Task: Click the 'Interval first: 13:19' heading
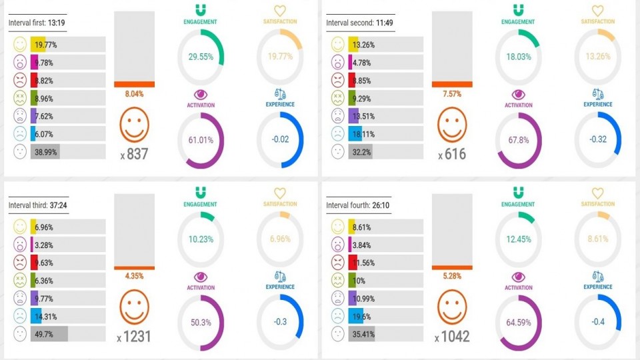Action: pyautogui.click(x=36, y=23)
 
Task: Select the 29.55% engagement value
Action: pyautogui.click(x=200, y=57)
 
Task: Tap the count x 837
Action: pyautogui.click(x=134, y=154)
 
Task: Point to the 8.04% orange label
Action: pyautogui.click(x=134, y=94)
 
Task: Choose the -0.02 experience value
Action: pyautogui.click(x=280, y=140)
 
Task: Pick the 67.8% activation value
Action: pyautogui.click(x=518, y=140)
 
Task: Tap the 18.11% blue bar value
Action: pyautogui.click(x=365, y=133)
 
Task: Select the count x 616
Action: pyautogui.click(x=451, y=154)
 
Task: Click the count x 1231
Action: pyautogui.click(x=134, y=337)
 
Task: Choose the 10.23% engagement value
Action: pyautogui.click(x=200, y=239)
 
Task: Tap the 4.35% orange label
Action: pyautogui.click(x=134, y=276)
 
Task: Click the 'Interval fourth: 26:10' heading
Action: pyautogui.click(x=358, y=205)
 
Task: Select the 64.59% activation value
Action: pyautogui.click(x=518, y=323)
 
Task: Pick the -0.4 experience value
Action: pyautogui.click(x=597, y=323)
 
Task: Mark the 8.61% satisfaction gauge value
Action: pyautogui.click(x=597, y=239)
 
